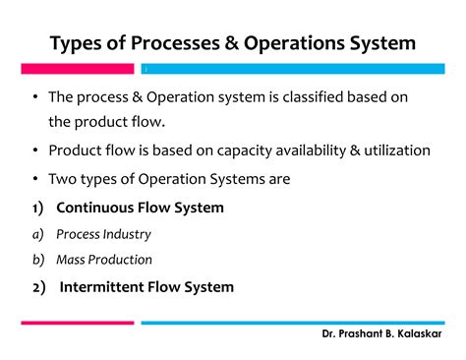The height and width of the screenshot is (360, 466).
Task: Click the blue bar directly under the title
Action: [295, 70]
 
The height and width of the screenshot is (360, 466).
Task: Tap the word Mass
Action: [73, 260]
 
